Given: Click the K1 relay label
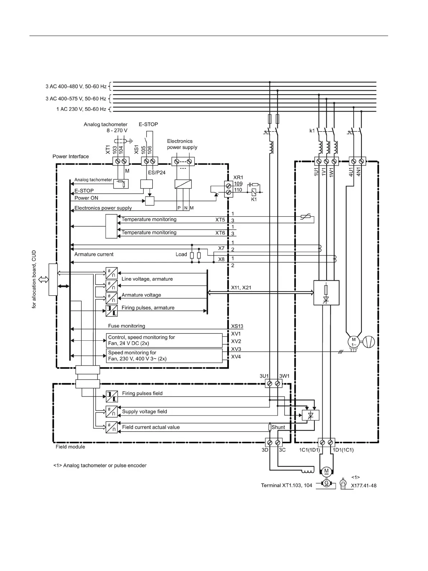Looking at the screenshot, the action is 254,199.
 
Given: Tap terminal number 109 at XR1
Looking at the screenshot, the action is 238,183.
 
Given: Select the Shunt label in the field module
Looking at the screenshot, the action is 278,427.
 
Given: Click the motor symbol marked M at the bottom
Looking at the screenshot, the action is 326,471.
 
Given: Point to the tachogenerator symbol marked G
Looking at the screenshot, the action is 326,483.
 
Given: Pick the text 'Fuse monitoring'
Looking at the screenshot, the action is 126,326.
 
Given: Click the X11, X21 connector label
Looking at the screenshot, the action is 241,287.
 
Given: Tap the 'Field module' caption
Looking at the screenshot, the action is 70,447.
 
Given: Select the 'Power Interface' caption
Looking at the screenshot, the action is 71,157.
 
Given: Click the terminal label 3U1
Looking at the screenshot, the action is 264,376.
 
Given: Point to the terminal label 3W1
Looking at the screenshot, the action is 284,376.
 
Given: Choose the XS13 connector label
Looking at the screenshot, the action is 237,326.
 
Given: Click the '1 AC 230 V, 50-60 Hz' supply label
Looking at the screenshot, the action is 81,109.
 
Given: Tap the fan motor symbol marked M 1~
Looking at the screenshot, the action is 354,342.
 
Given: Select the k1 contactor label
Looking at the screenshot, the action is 312,131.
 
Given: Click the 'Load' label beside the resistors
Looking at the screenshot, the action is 181,254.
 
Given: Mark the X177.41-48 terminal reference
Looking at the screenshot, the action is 364,485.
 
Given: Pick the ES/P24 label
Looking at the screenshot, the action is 157,172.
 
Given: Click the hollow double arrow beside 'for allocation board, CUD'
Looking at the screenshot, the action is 43,280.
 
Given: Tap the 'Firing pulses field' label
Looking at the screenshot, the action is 142,393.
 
